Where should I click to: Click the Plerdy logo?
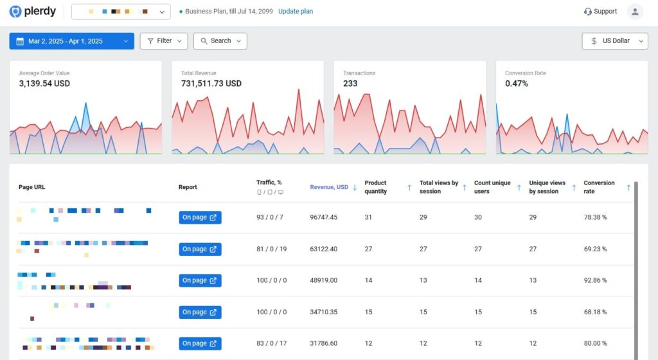coord(32,12)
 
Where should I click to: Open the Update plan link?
coord(296,12)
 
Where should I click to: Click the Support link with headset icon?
coord(600,12)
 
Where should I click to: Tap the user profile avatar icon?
coord(635,12)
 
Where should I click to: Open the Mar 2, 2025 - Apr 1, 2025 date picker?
coord(71,41)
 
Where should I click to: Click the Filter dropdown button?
coord(164,41)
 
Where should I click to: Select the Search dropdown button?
coord(220,41)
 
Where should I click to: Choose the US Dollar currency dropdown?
coord(615,41)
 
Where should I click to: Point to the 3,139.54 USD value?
coord(44,84)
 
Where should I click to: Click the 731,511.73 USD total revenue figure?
coord(211,84)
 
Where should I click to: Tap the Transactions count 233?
coord(350,84)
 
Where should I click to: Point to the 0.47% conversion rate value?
coord(517,84)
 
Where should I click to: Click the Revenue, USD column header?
coord(329,187)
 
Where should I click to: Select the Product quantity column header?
coord(375,187)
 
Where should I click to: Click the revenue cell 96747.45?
coord(323,217)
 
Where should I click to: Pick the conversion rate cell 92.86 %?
coord(595,280)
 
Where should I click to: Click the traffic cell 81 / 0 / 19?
coord(271,249)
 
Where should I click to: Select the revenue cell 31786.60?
coord(323,343)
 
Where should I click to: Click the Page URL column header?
coord(31,187)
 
